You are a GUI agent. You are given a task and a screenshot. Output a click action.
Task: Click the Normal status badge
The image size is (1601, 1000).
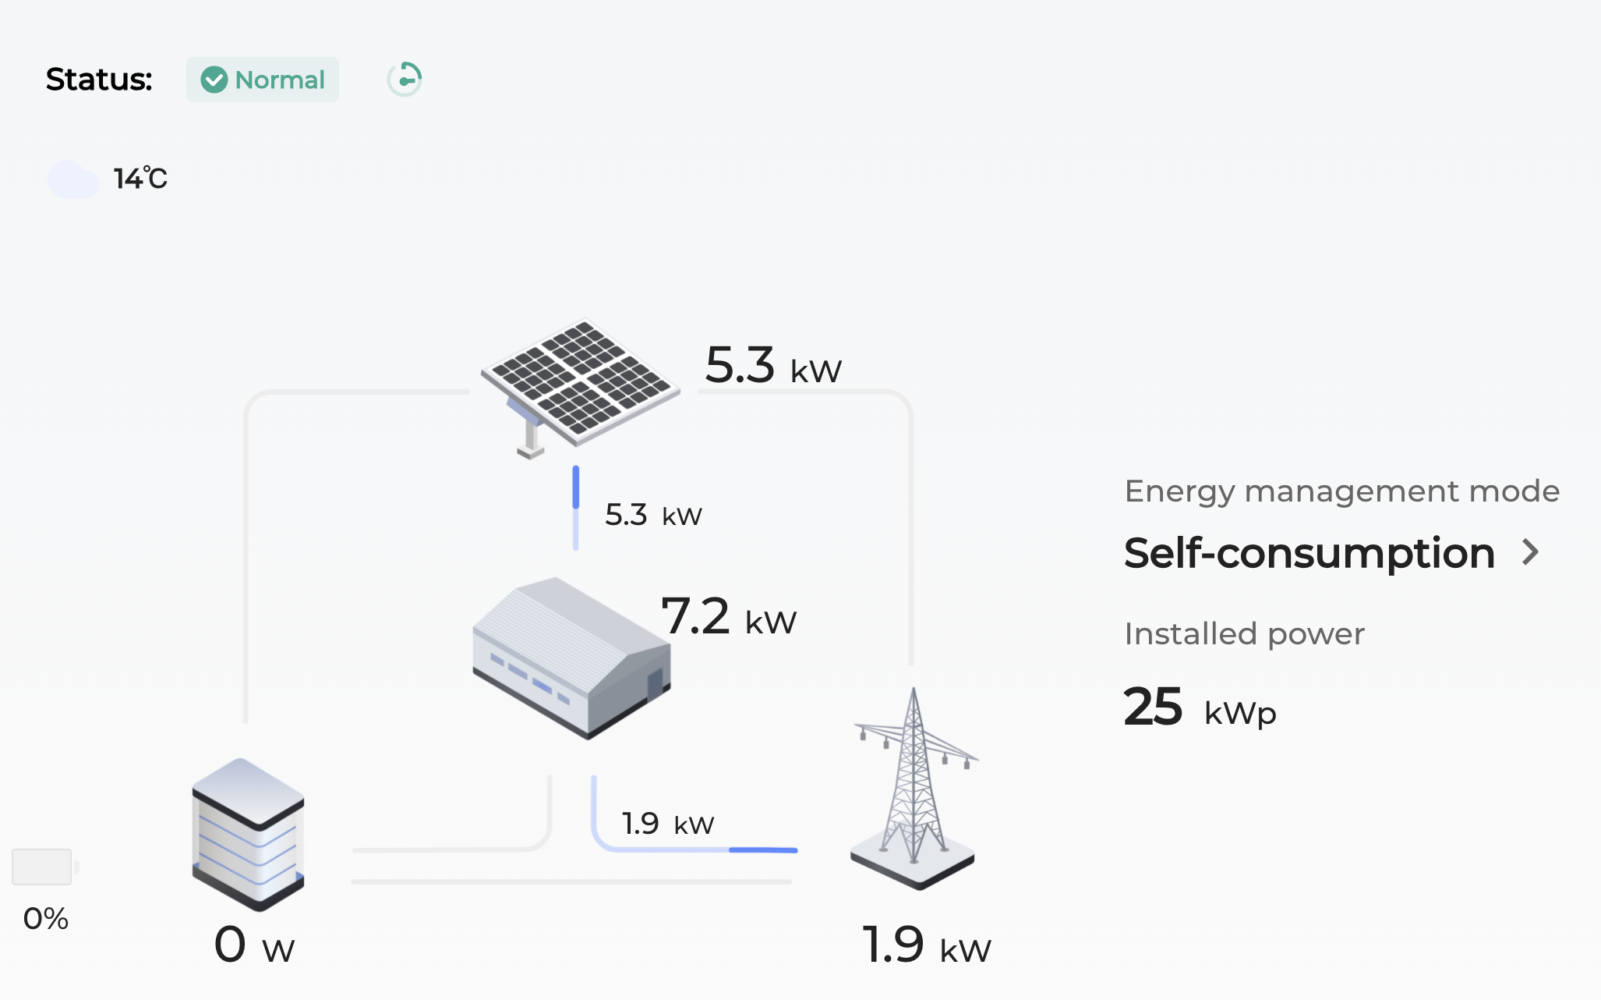[x=263, y=80]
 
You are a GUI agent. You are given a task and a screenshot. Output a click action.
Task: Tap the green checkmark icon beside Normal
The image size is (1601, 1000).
[x=214, y=80]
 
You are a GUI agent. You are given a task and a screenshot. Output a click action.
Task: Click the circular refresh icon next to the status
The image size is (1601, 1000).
[x=405, y=80]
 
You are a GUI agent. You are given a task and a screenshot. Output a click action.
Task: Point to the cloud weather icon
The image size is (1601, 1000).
[x=72, y=179]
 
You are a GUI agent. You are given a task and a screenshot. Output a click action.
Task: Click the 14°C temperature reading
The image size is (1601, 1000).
[x=140, y=179]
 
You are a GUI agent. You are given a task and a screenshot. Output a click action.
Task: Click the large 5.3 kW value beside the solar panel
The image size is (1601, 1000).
[x=772, y=366]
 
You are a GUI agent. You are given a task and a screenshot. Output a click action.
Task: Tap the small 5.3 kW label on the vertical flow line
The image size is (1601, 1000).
[x=653, y=516]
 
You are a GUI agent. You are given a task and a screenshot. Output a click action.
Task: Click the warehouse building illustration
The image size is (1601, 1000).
[x=571, y=657]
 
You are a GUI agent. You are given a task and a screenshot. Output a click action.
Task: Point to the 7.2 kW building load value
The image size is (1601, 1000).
[x=728, y=617]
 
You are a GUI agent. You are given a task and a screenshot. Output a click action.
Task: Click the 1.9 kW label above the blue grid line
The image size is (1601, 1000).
[x=667, y=824]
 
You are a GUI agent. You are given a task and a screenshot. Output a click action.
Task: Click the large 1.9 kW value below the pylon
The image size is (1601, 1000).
[x=926, y=945]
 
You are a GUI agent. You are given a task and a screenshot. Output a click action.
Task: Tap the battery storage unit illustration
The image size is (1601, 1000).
[x=248, y=833]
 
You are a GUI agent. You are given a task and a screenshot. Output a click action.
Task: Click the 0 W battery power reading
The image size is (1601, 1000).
[x=254, y=945]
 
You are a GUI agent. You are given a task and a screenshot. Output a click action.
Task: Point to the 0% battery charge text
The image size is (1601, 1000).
[x=46, y=919]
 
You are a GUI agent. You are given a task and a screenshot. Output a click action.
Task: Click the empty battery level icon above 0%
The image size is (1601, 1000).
[x=43, y=867]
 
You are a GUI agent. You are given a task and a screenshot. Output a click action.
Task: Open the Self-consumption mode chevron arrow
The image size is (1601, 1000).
[x=1531, y=552]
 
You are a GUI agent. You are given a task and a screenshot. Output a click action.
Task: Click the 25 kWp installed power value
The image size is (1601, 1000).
[x=1199, y=708]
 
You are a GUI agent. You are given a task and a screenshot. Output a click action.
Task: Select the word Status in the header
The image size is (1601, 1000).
[x=99, y=80]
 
